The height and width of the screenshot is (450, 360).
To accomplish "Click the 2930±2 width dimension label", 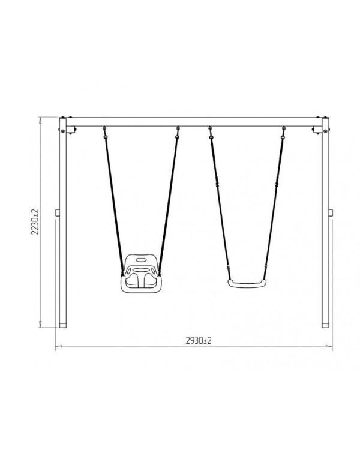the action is pyautogui.click(x=199, y=341).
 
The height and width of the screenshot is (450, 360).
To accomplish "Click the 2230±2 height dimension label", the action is pyautogui.click(x=35, y=222).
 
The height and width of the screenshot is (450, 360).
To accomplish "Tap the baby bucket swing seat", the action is pyautogui.click(x=140, y=273).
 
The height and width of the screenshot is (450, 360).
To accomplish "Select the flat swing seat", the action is pyautogui.click(x=247, y=284).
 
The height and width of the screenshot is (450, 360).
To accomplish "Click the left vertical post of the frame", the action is pyautogui.click(x=62, y=223).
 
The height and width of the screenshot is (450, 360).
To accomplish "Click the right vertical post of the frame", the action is pyautogui.click(x=325, y=223).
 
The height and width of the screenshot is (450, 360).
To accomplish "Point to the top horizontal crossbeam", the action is pyautogui.click(x=194, y=122).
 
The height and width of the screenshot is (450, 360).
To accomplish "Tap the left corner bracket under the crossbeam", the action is pyautogui.click(x=71, y=131).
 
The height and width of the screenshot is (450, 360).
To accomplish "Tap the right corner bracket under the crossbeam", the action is pyautogui.click(x=317, y=131).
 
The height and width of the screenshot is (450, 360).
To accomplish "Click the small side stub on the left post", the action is pyautogui.click(x=58, y=212).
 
